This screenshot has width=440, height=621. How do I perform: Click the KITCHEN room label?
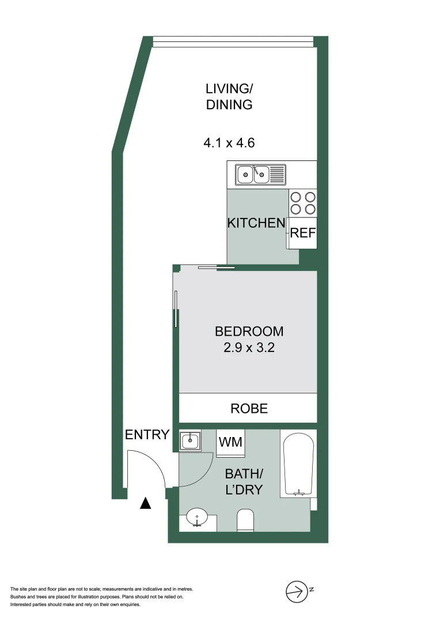click(256, 223)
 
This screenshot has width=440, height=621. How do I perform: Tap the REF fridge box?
click(302, 233)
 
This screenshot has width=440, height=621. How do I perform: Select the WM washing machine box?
click(231, 442)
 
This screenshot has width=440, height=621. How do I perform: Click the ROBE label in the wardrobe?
click(249, 408)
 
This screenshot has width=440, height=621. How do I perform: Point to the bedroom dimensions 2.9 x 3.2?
click(249, 347)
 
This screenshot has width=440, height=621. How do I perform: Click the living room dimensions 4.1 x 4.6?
click(229, 143)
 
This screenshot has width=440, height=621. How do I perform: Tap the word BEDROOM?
click(249, 331)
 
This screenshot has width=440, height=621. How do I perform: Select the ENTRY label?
click(147, 435)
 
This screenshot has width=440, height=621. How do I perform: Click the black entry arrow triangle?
click(146, 504)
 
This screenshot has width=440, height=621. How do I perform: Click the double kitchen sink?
click(253, 172)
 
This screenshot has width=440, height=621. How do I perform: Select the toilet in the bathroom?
click(245, 520)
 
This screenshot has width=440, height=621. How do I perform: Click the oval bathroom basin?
click(198, 516)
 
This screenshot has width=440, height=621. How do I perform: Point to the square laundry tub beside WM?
click(189, 442)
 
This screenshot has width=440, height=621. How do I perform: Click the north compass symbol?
click(296, 591)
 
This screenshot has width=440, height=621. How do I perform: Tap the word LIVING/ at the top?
click(229, 89)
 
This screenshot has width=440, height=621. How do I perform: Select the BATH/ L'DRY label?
click(244, 482)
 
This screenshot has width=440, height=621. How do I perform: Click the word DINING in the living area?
click(229, 105)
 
